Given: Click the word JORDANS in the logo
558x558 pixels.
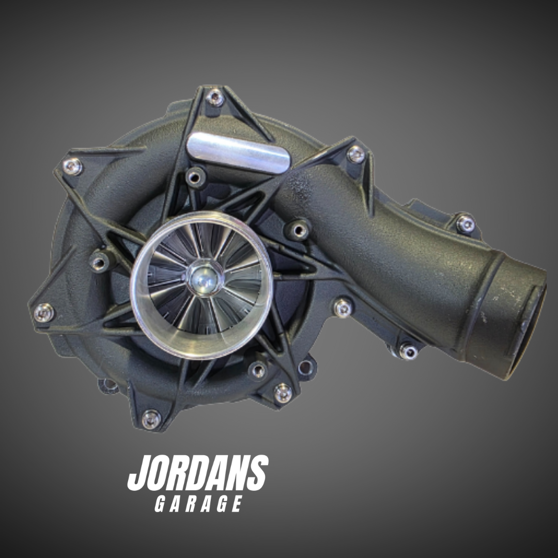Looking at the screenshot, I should tap(198, 474).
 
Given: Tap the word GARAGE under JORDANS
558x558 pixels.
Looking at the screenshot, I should tap(198, 504).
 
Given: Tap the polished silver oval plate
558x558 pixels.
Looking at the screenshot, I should tap(239, 152).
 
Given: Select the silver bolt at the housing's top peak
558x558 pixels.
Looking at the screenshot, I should tap(215, 97).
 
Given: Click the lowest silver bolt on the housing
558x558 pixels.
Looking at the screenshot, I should tap(151, 419).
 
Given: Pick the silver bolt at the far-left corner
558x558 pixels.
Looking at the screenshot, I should tap(43, 312).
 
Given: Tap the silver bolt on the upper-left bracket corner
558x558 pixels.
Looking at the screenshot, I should tap(72, 166).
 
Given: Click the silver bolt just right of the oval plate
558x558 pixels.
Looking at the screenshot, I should tap(355, 153).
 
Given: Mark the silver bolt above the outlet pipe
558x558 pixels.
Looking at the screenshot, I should tap(465, 223).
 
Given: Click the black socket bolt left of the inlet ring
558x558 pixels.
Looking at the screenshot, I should tap(99, 261).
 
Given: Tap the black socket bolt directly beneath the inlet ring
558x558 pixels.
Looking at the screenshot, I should tap(257, 370).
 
